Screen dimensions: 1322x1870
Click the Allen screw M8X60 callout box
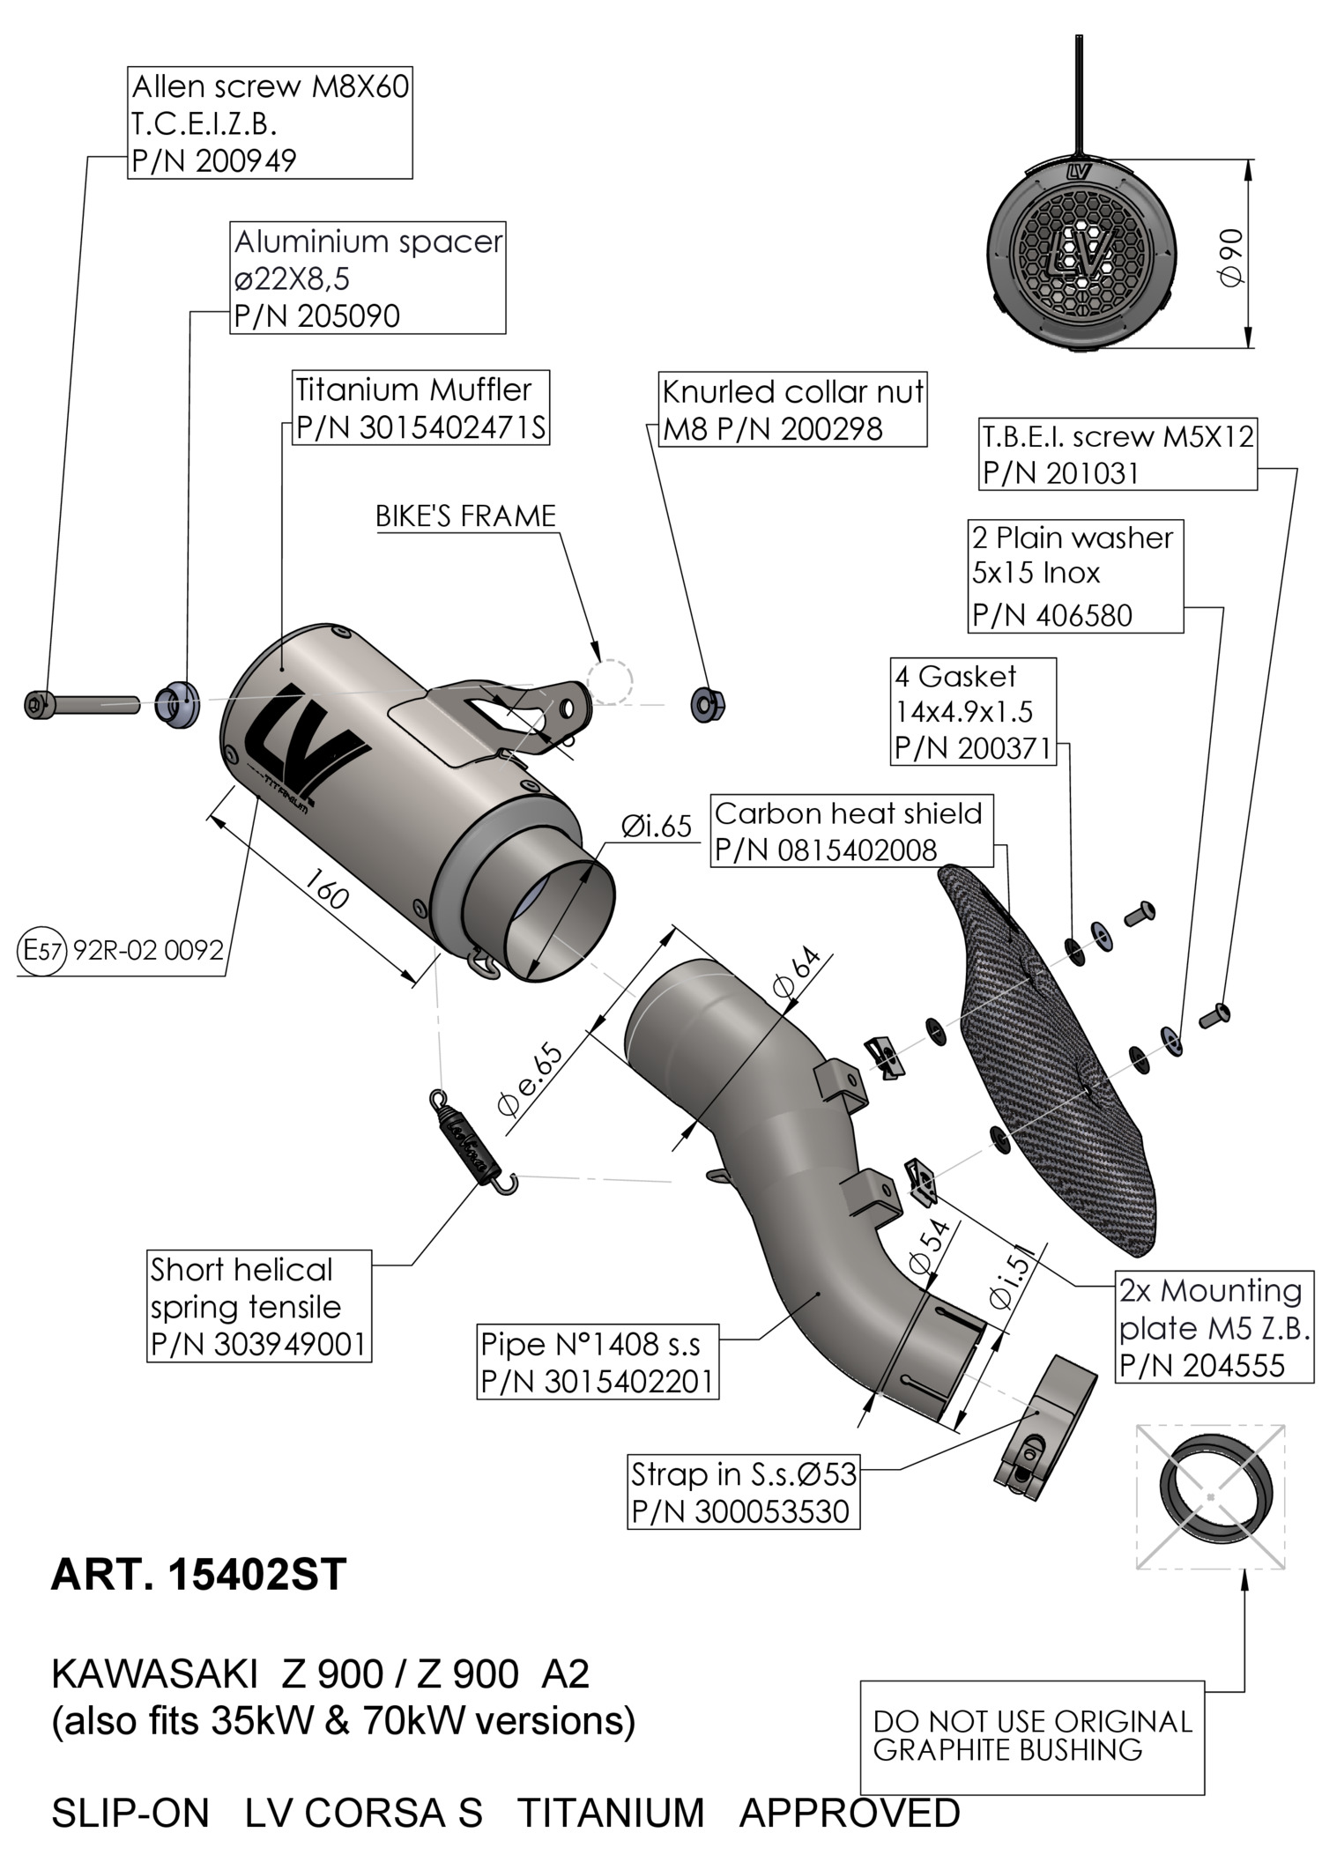point(270,122)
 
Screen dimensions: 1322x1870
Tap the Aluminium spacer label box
point(368,278)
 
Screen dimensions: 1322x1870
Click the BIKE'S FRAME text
point(465,516)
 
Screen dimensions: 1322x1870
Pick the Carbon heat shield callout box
point(851,830)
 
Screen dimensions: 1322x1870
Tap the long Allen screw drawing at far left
point(82,705)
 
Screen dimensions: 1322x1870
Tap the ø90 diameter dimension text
point(1232,256)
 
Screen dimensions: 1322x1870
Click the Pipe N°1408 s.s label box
point(597,1362)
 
